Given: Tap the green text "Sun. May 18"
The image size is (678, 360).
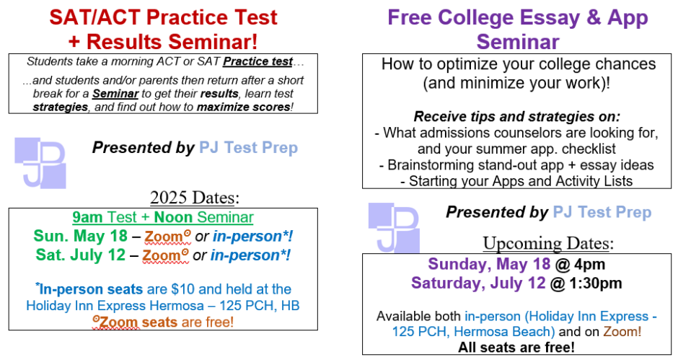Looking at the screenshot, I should [x=80, y=235].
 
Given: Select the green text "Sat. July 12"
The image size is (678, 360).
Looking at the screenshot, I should [x=80, y=255].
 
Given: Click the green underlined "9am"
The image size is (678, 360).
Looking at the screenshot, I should [x=87, y=216].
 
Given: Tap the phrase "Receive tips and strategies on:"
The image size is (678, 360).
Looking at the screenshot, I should [x=517, y=116].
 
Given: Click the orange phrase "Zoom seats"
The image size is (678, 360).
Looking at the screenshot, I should [x=138, y=321].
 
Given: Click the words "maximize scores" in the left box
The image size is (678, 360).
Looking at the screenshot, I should [x=248, y=107].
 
